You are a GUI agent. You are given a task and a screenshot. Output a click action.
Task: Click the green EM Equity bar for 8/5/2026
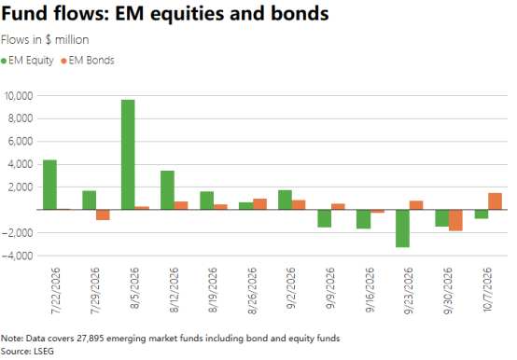coord(128,155)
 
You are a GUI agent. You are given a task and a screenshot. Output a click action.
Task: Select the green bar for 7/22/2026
coord(49,185)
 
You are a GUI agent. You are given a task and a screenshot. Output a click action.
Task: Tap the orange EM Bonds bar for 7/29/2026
coord(103,215)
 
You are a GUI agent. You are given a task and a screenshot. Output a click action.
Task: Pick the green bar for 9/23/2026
coord(402,228)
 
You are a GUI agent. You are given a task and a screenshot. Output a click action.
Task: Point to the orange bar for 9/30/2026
coord(455,220)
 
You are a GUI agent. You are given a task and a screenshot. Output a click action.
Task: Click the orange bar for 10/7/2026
coord(495,201)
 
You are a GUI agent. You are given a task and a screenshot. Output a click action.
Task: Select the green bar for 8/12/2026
coord(167,190)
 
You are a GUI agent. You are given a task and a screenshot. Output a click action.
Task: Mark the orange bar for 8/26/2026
coord(260,204)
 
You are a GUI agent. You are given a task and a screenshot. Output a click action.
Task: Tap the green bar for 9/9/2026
coord(325,218)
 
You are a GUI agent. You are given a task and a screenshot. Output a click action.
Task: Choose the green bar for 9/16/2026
coord(364,219)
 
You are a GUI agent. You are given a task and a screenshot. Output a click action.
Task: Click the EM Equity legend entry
coord(27,61)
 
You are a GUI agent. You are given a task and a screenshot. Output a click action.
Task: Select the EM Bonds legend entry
coord(88,61)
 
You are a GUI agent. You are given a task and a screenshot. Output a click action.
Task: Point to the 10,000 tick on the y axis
coord(18,96)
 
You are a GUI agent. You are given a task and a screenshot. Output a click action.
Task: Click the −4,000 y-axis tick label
coord(17,256)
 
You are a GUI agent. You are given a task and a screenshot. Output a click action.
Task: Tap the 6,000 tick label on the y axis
coord(21,142)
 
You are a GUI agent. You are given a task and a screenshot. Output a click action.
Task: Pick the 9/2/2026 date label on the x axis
coord(291,288)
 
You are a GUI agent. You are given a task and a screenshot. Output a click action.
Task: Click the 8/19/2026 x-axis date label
coord(213,290)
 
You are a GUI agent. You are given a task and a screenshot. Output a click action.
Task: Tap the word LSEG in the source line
coord(44,351)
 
